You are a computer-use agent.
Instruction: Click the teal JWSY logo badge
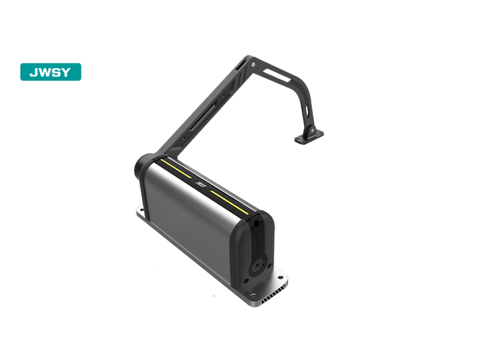coord(51,72)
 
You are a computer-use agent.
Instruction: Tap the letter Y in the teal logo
coord(66,72)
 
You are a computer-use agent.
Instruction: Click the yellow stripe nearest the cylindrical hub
coord(176,168)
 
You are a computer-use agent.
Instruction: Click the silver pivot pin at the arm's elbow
coord(253,65)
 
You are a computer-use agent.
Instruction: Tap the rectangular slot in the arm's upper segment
coord(277,75)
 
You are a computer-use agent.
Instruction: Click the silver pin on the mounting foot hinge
coord(312,130)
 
